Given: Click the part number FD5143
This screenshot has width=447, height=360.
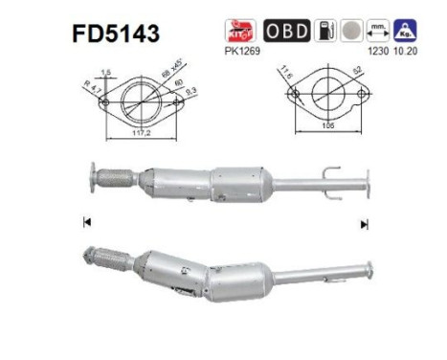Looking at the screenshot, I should [114, 34].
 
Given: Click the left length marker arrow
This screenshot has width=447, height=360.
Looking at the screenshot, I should [87, 223].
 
